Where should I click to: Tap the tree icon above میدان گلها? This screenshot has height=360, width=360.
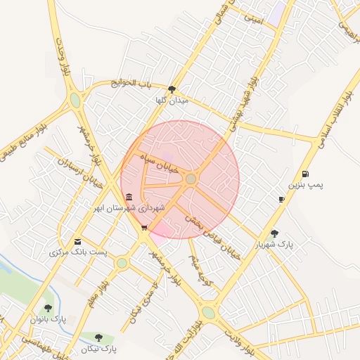point(172,89)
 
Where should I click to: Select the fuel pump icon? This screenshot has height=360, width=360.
point(304,174)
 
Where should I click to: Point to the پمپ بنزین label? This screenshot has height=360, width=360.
point(307,185)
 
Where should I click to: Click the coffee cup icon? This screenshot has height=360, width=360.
point(281,199)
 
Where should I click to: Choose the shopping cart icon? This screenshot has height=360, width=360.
point(144,227)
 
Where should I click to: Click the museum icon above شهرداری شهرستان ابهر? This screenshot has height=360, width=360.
point(128,197)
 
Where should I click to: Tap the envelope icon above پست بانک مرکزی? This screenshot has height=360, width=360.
point(77,241)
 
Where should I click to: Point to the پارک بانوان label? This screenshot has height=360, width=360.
point(48,319)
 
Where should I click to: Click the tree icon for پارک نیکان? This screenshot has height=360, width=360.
point(98,337)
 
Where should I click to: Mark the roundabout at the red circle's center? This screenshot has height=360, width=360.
point(191,179)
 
